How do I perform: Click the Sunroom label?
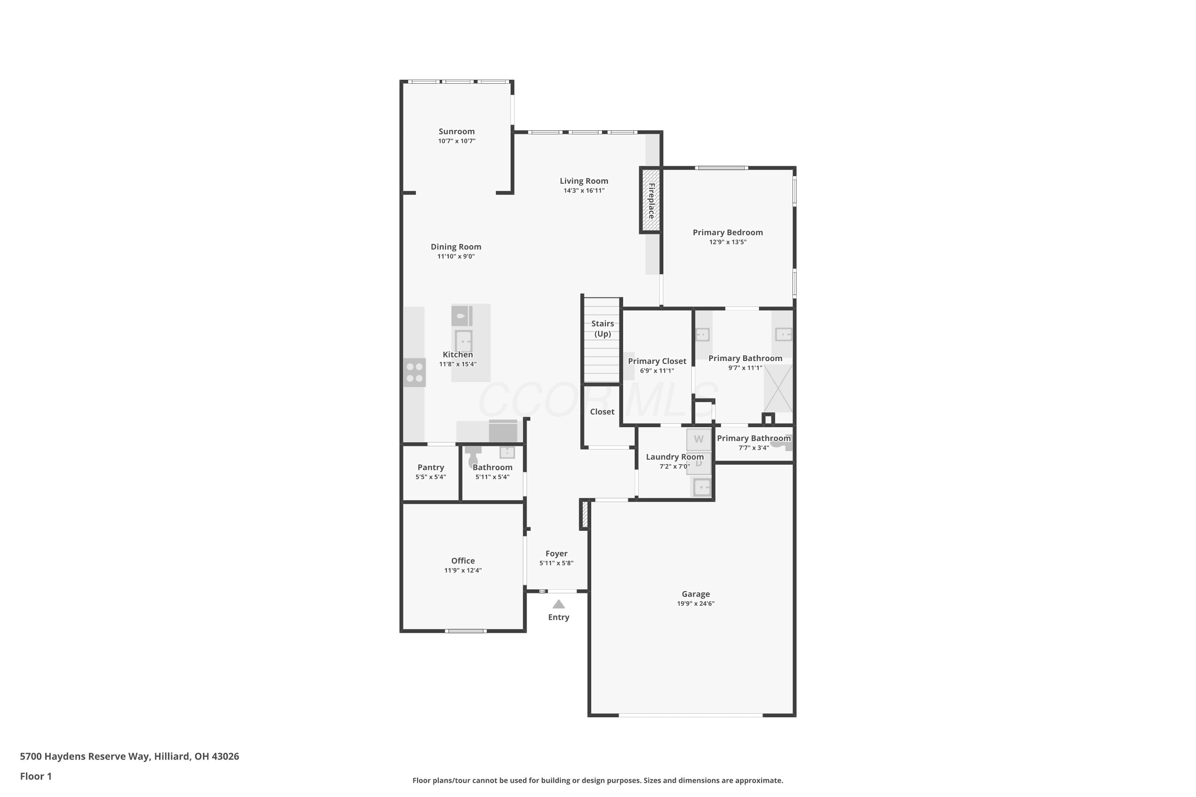click(456, 131)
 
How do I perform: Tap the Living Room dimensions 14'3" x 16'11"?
click(584, 190)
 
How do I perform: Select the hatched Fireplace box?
click(650, 200)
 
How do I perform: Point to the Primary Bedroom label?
click(728, 232)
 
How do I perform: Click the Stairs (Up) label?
click(602, 328)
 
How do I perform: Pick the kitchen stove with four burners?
click(415, 372)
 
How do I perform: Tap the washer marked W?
click(699, 439)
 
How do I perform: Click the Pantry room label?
click(431, 467)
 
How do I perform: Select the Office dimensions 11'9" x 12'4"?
click(463, 570)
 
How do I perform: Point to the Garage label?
click(696, 594)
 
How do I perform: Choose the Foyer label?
click(556, 554)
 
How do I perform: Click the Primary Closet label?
click(657, 361)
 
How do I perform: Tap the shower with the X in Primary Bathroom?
click(778, 388)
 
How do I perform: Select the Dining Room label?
click(456, 247)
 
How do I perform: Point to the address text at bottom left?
click(129, 756)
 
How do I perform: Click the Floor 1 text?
click(35, 776)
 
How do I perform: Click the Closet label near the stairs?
click(602, 412)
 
